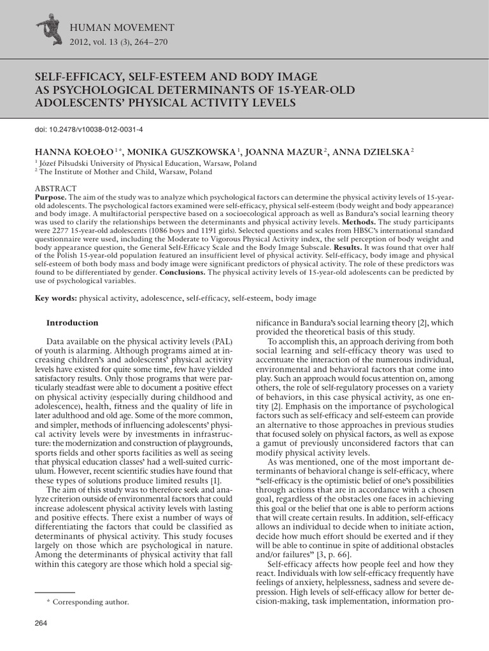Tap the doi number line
(x=89, y=130)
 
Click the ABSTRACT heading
(x=55, y=189)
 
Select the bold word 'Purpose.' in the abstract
(x=52, y=197)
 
